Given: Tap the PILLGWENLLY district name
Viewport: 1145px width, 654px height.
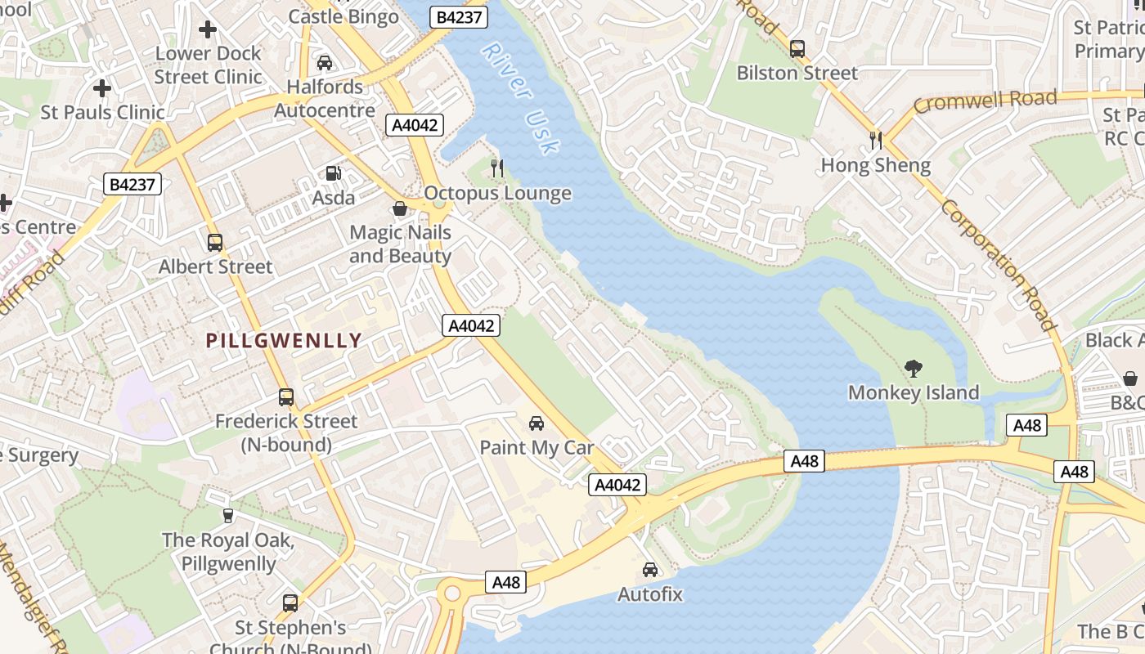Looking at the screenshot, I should (283, 341).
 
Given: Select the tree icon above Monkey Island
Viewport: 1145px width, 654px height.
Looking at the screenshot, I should (913, 369).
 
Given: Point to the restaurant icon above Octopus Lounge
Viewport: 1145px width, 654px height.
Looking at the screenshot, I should (496, 168).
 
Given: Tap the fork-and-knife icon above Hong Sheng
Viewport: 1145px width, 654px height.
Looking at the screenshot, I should (876, 140).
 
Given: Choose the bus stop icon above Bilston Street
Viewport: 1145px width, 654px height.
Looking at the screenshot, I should (797, 49).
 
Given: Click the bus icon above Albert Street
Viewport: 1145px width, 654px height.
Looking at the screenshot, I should (215, 243).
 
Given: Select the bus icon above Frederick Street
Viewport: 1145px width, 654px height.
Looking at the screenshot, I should (286, 397).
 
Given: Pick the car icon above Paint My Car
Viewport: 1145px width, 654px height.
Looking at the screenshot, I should (537, 423).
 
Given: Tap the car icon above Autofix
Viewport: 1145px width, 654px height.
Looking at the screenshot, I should (649, 570).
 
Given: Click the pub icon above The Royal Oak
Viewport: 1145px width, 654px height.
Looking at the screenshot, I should (228, 516).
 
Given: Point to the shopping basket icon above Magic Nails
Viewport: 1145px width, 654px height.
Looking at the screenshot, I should (400, 208).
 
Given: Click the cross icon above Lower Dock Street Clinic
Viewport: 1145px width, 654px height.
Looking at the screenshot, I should (208, 30).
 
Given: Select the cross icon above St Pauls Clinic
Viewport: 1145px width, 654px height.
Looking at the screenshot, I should (102, 87).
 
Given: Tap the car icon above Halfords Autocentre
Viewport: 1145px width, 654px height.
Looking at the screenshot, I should (325, 63).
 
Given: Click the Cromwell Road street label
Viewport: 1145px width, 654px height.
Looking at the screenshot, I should (985, 101).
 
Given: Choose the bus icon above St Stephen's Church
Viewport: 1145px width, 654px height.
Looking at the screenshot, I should (290, 603).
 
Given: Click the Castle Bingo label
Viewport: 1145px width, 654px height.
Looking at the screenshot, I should (343, 16).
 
